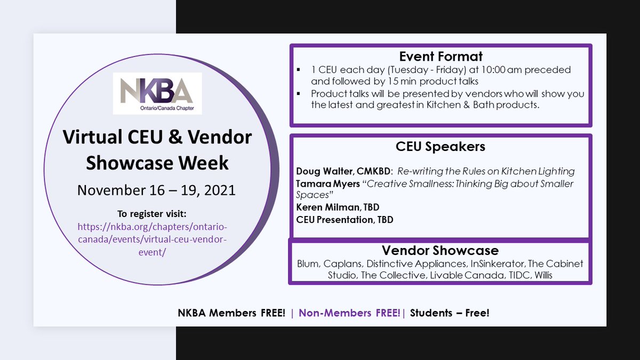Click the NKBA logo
point(157,93)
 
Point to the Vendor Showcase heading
point(440,251)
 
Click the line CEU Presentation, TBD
point(345,219)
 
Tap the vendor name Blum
point(307,264)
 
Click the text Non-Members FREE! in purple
point(349,313)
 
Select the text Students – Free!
point(450,313)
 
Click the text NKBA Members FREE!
point(231,313)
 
